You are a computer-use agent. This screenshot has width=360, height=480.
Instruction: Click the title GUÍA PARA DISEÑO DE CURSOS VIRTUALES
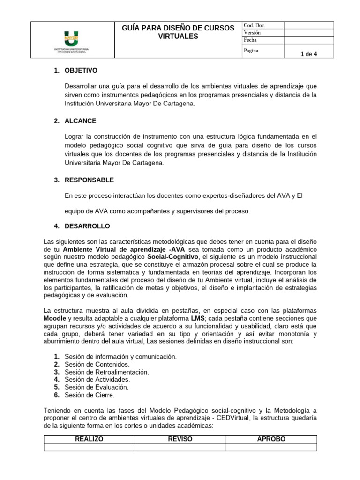coord(178,32)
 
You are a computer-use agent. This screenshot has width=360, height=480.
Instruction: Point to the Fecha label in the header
coord(251,40)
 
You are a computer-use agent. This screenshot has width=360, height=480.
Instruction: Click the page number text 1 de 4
coord(309,54)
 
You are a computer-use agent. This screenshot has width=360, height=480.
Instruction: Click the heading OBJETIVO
coord(81,71)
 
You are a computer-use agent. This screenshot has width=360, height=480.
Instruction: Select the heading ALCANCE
coord(81,121)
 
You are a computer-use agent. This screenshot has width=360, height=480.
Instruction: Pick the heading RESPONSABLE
coord(90,180)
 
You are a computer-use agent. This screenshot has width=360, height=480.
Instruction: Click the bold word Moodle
coord(54,318)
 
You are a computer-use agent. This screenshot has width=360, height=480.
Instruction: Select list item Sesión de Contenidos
coord(97,364)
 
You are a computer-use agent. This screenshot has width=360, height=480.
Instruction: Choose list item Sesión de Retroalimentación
coord(106,372)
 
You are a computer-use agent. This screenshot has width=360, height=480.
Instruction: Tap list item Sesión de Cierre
coord(90,395)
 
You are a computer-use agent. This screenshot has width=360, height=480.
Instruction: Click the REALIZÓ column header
coord(89,439)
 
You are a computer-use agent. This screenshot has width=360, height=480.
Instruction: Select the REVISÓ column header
coord(180,439)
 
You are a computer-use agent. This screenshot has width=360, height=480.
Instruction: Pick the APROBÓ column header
coord(271,439)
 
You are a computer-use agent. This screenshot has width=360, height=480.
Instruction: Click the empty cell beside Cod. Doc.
coord(308,25)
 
